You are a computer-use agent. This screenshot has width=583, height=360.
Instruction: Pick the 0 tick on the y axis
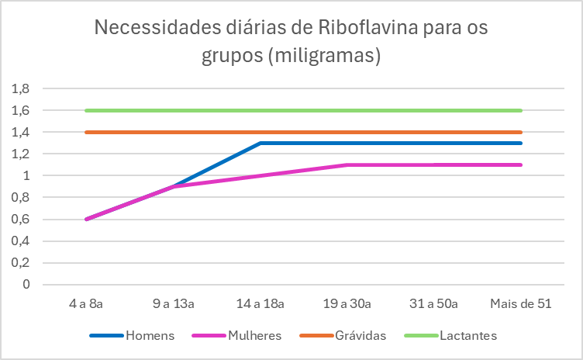point(26,284)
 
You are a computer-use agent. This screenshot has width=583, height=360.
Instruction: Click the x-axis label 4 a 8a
point(85,304)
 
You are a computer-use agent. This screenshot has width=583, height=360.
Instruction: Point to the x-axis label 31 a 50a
point(434,304)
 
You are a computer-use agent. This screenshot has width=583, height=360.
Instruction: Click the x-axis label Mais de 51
point(521,304)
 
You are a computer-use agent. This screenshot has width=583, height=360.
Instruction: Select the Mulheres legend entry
point(254,336)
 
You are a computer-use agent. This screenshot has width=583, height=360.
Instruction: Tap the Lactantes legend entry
point(467,336)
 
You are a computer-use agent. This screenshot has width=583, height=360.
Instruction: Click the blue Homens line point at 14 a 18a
point(260,143)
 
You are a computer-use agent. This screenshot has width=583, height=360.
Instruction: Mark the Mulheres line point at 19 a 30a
point(347,164)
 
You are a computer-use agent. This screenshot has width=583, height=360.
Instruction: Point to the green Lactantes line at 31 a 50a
point(434,110)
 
